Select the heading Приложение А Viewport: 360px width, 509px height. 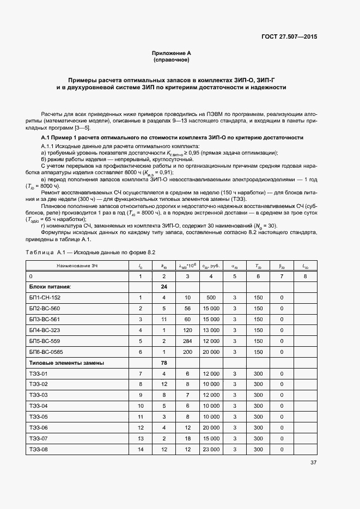[171, 53]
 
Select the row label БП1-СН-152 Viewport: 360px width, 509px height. [45, 297]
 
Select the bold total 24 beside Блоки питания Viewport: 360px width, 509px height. [163, 286]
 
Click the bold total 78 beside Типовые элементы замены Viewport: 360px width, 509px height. [163, 363]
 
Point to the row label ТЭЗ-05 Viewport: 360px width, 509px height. [38, 417]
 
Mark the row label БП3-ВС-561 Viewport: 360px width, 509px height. [45, 319]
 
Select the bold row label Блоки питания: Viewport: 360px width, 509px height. [50, 286]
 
